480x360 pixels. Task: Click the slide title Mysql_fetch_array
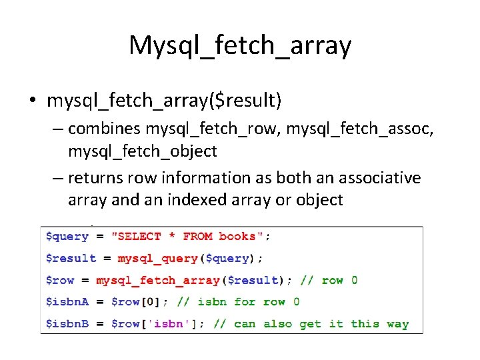tap(240, 45)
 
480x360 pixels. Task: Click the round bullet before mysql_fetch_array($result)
tap(33, 101)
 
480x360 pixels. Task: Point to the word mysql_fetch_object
tap(142, 151)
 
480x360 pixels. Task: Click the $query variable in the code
tap(67, 237)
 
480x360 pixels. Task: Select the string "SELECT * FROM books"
tap(191, 237)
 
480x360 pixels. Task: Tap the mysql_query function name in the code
tap(157, 259)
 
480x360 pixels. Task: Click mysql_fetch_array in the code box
tap(158, 280)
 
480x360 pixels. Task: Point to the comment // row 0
tap(329, 280)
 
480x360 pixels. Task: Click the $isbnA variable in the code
tap(67, 302)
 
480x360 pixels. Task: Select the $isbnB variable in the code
tap(67, 324)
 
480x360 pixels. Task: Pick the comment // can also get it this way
tap(311, 324)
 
